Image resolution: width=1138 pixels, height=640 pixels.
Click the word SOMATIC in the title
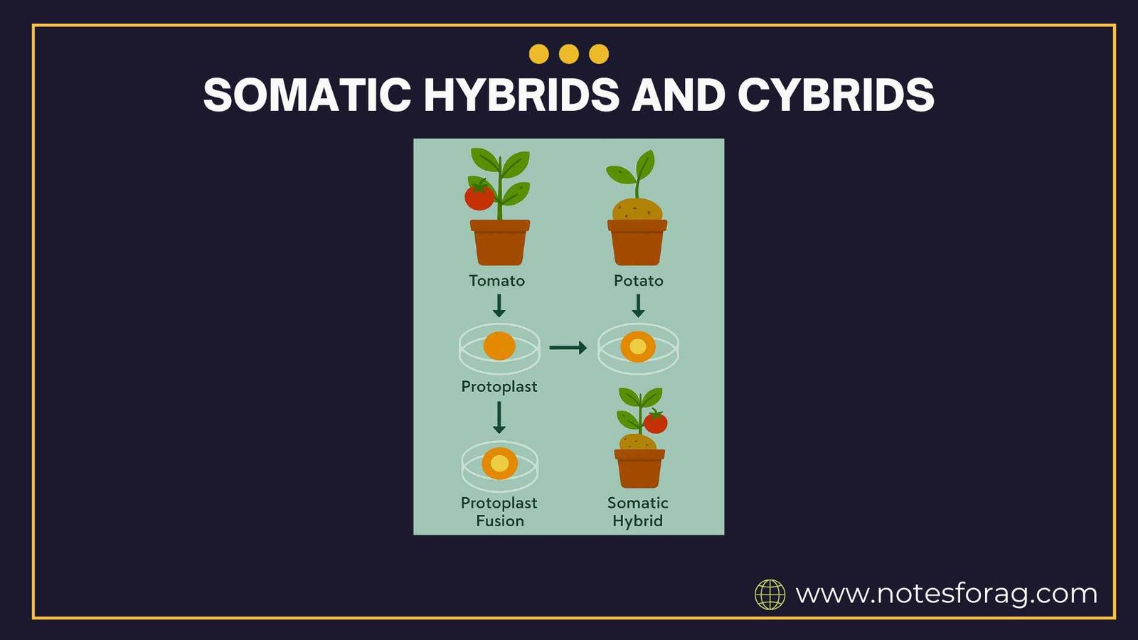(307, 95)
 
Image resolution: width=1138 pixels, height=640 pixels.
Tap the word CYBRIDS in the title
(836, 95)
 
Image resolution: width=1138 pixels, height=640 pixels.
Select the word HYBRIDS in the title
(521, 95)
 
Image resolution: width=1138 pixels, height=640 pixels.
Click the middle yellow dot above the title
(569, 54)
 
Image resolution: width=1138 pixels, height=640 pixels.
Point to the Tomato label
(496, 281)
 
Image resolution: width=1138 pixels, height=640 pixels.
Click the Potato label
(638, 281)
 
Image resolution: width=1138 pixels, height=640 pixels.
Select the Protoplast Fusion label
(499, 512)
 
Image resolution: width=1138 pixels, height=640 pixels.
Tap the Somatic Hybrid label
(637, 512)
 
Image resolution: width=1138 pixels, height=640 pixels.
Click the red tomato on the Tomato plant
(479, 196)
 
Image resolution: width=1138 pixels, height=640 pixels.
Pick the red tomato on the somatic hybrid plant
(656, 422)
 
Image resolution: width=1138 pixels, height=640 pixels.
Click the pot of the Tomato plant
(500, 243)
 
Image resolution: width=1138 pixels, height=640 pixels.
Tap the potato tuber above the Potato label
(637, 210)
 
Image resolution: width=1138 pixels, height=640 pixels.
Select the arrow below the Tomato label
(499, 306)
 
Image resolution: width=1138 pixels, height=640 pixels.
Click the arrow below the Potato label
(638, 306)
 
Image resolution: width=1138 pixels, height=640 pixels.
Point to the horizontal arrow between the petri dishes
(568, 348)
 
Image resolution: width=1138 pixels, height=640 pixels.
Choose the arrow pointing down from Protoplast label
(499, 417)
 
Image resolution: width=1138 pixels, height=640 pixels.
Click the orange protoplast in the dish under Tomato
(499, 346)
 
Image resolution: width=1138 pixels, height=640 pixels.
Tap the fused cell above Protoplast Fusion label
(500, 464)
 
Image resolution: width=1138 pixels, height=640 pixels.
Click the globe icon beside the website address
(770, 594)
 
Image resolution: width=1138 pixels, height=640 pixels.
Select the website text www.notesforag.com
(946, 593)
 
